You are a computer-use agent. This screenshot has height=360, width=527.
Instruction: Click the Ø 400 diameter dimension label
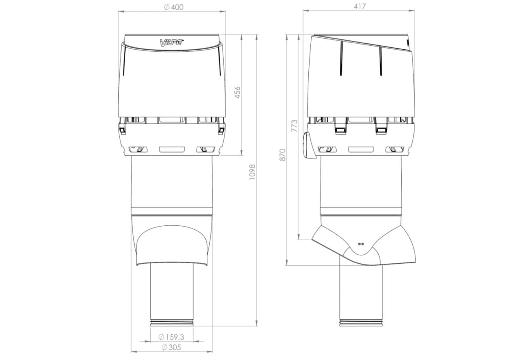[174, 7]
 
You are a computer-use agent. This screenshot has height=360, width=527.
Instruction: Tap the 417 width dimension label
[360, 6]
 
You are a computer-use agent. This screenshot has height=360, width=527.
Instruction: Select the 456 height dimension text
[238, 93]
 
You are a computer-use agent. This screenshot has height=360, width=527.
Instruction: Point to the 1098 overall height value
[252, 172]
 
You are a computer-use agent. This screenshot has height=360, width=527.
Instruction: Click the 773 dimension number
[294, 126]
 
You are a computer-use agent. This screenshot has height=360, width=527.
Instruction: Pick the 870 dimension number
[282, 155]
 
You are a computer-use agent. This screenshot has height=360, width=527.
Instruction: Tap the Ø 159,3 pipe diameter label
[171, 337]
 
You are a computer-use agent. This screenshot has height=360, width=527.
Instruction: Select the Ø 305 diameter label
[171, 347]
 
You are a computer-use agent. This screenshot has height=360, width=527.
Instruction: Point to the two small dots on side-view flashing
[361, 244]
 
